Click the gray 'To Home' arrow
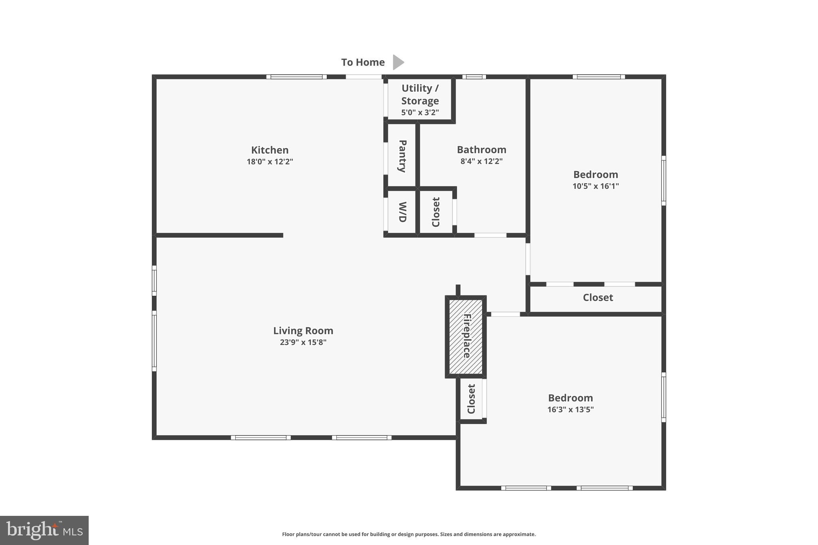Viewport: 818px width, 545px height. (398, 62)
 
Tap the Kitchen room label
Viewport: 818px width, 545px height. (270, 150)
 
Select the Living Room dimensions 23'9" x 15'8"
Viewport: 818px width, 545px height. (303, 342)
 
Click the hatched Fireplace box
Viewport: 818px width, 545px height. (466, 336)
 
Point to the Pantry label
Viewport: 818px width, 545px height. (402, 156)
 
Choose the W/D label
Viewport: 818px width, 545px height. (402, 212)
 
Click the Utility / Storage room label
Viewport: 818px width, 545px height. (420, 94)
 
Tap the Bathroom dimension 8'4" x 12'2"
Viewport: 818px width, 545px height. (481, 161)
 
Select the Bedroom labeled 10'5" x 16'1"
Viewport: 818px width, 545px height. (596, 179)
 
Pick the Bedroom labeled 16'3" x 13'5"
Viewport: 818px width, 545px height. (570, 403)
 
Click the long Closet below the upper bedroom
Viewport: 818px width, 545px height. (598, 297)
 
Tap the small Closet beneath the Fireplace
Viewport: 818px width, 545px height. (471, 399)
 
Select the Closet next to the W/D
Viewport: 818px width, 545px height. (436, 212)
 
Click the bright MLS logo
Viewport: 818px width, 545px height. (44, 531)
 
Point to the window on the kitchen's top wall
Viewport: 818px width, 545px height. (296, 77)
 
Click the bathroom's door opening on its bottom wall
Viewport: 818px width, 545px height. (490, 235)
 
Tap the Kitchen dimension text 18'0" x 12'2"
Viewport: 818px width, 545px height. (270, 162)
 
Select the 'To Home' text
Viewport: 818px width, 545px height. (363, 62)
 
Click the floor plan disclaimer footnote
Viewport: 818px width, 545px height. (409, 534)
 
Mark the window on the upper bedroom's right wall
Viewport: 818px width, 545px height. (663, 180)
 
